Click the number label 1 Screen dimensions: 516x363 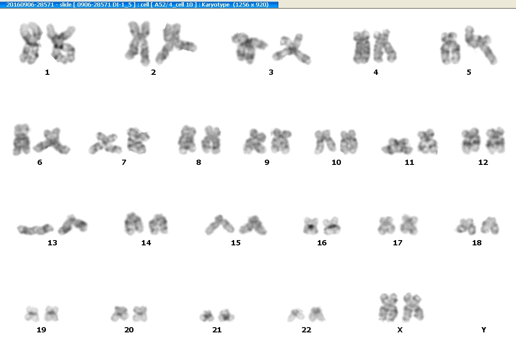click(x=47, y=72)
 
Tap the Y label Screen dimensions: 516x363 click(x=484, y=330)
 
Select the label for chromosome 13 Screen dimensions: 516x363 click(x=53, y=243)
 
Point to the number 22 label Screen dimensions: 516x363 click(x=306, y=330)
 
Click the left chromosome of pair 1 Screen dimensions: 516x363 click(x=30, y=43)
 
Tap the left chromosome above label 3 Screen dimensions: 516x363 click(x=249, y=48)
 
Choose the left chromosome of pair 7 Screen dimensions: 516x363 click(x=104, y=143)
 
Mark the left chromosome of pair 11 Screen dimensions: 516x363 click(x=397, y=147)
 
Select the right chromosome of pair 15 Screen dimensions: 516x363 click(x=253, y=225)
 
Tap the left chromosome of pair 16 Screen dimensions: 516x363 click(x=311, y=226)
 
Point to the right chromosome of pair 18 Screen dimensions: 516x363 click(x=490, y=226)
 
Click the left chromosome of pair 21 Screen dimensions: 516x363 click(x=207, y=316)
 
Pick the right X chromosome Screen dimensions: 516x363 click(x=413, y=307)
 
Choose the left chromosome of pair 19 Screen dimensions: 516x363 click(x=32, y=314)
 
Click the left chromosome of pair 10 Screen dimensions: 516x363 click(x=324, y=142)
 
